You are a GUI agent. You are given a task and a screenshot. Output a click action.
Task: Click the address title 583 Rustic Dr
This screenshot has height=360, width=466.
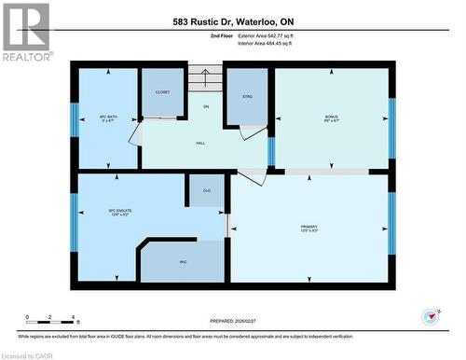coord(232,21)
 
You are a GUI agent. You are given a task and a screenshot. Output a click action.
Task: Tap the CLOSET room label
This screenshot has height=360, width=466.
coord(162,93)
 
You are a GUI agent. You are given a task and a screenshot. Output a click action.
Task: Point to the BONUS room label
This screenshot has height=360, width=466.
coord(331,117)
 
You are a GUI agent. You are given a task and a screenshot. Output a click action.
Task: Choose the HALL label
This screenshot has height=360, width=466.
coord(200,143)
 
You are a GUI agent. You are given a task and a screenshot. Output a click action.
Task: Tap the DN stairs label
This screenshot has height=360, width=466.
coord(207,107)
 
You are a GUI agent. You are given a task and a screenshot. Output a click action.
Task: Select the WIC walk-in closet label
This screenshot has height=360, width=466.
coord(184,262)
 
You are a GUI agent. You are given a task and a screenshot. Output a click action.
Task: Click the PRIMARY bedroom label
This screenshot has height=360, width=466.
coord(310,227)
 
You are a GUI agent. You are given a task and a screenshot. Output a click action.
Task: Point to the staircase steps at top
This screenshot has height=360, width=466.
coord(207,77)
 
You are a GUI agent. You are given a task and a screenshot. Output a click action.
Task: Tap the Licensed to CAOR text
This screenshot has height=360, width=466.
coord(29,355)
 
